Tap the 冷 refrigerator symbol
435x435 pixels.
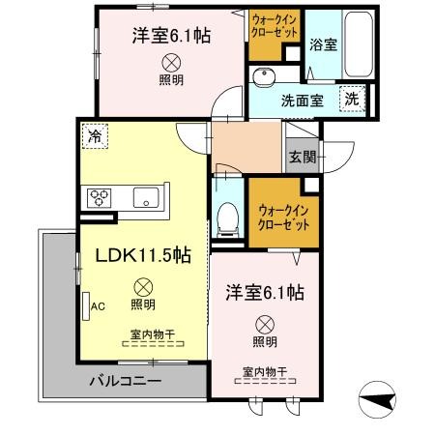(x=95, y=137)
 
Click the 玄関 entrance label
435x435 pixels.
(x=300, y=157)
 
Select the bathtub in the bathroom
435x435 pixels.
(x=360, y=45)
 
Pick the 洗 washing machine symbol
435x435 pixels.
(x=355, y=98)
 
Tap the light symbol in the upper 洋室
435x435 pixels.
(x=171, y=60)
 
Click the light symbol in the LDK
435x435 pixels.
(x=142, y=286)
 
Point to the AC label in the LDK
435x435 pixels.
(x=97, y=306)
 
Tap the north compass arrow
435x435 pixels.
(x=379, y=396)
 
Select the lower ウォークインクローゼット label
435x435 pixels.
(x=282, y=217)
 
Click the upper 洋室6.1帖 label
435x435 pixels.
(x=171, y=34)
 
